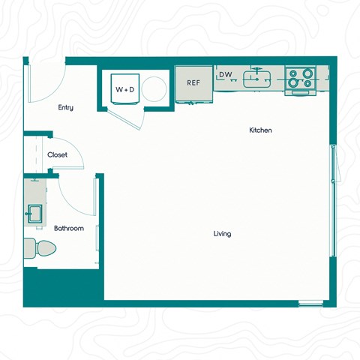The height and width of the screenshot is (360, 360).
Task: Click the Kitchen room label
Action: [x=260, y=130]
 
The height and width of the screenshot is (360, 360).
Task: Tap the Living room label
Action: [x=222, y=234]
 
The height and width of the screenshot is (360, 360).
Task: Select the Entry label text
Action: [x=66, y=108]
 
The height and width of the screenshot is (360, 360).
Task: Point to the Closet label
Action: [x=57, y=155]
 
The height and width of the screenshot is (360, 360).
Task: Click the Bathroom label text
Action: [x=68, y=228]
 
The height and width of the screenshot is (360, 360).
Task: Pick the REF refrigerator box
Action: [x=193, y=82]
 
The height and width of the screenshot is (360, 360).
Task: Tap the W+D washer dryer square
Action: [x=124, y=89]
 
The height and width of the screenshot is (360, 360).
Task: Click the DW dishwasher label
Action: [x=225, y=75]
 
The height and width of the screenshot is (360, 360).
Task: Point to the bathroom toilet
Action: [x=40, y=247]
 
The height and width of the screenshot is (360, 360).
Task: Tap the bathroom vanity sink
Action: [x=34, y=214]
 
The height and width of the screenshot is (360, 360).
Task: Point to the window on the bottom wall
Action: [x=310, y=303]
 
